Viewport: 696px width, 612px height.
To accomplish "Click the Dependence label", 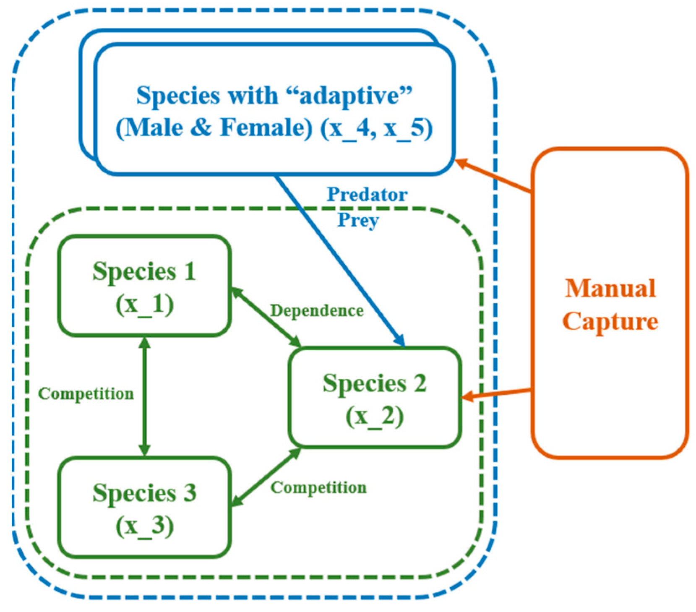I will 317,311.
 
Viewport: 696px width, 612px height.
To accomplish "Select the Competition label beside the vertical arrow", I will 86,394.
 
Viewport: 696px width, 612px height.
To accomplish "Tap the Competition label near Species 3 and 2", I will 318,488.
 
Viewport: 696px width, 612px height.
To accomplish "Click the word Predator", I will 367,195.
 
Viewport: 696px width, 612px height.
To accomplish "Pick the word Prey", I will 358,220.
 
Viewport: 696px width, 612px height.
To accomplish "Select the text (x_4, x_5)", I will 376,128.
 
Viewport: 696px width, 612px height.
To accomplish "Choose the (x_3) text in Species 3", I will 144,525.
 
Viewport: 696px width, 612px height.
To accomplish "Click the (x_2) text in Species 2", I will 374,416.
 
